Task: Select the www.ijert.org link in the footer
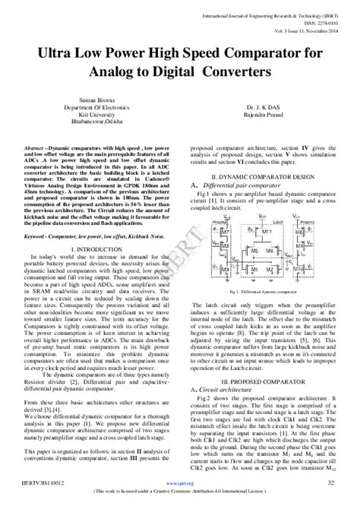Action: coord(179,482)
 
